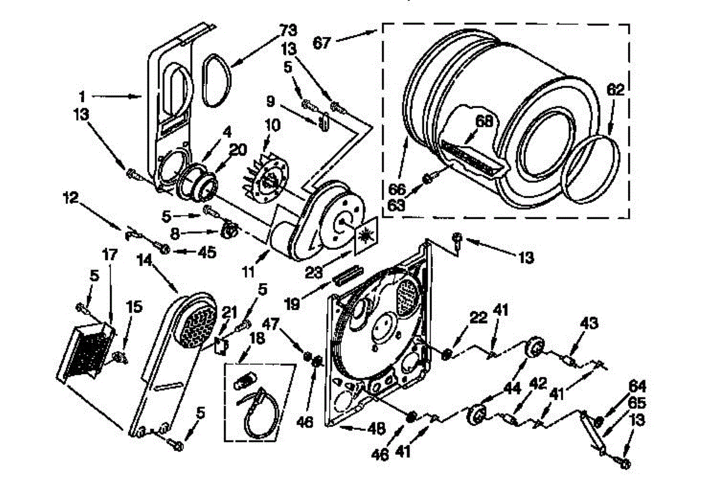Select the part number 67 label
tap(322, 42)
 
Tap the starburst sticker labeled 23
tap(365, 235)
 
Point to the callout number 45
tap(206, 252)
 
